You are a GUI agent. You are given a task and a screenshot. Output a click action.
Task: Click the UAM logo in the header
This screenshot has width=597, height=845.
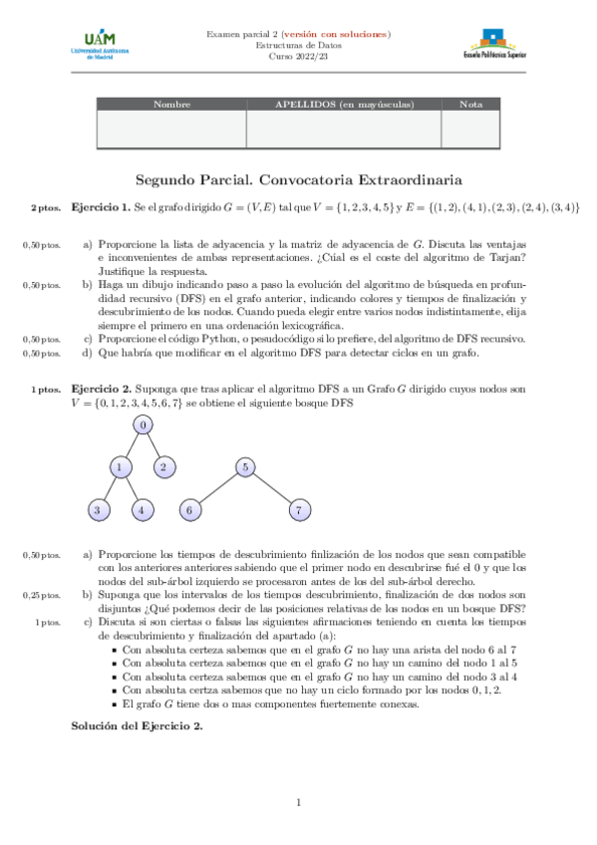click(x=98, y=44)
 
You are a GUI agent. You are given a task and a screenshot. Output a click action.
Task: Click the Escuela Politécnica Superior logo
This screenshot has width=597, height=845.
click(x=495, y=45)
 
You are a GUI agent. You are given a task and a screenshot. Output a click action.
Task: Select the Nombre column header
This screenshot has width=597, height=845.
click(x=171, y=105)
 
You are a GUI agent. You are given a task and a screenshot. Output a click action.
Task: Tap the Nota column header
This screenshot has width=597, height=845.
click(x=470, y=105)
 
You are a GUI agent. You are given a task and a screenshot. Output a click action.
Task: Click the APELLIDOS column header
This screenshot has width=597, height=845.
click(x=343, y=105)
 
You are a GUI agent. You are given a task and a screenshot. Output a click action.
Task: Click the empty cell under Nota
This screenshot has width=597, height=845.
click(x=470, y=130)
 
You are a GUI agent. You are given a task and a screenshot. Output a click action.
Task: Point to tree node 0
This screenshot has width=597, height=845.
click(x=144, y=425)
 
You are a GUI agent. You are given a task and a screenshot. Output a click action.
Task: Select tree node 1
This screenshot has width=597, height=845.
click(x=120, y=466)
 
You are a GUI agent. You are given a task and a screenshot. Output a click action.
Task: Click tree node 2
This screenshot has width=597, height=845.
click(x=166, y=466)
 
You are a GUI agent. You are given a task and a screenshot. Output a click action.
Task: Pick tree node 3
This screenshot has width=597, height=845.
click(x=97, y=510)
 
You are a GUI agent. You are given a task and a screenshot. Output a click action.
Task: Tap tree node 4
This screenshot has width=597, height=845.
click(x=144, y=510)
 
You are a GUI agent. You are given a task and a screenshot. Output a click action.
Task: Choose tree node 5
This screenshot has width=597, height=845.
click(x=244, y=466)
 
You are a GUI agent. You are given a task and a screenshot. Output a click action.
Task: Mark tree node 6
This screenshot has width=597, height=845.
click(x=189, y=510)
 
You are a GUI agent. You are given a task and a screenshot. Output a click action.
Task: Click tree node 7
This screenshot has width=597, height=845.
click(x=299, y=510)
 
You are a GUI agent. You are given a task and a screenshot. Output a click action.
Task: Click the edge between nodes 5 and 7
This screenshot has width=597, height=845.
click(x=272, y=488)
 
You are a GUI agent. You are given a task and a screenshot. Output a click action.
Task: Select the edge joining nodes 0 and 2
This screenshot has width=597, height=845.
click(x=155, y=446)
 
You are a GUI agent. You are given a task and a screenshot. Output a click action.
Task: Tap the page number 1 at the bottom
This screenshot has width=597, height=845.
click(x=298, y=803)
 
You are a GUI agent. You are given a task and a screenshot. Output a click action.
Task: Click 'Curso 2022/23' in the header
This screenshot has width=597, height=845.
click(x=298, y=57)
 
